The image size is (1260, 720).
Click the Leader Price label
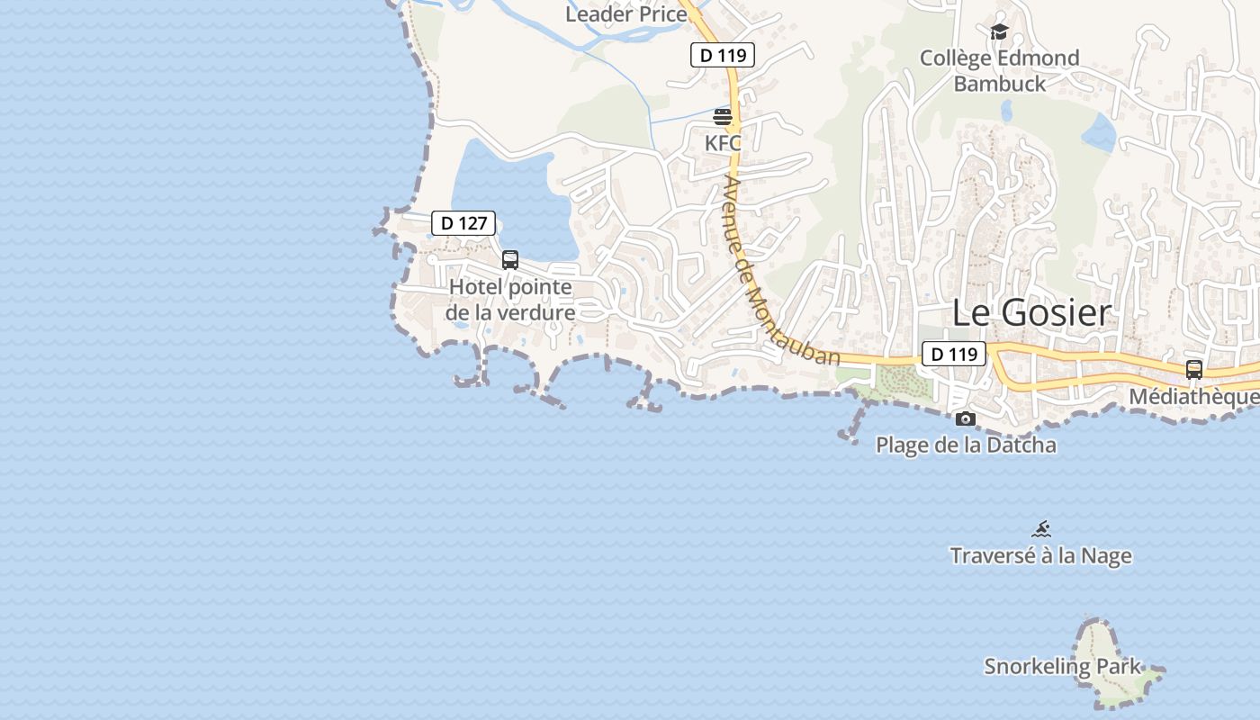(x=626, y=14)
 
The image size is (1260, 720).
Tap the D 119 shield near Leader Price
(x=722, y=55)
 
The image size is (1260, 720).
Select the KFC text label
(x=723, y=143)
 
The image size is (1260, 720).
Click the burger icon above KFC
(x=723, y=117)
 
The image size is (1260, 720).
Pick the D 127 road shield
(x=463, y=223)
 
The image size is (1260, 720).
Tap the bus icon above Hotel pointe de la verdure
(x=510, y=260)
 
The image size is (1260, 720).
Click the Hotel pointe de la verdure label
(x=510, y=300)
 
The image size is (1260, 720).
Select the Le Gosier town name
(x=1031, y=313)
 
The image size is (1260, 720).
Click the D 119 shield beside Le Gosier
(x=953, y=354)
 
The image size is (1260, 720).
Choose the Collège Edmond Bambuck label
(x=999, y=71)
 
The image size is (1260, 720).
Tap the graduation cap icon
(x=999, y=32)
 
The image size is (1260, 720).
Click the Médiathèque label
(x=1193, y=397)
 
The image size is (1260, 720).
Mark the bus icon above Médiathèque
(x=1194, y=369)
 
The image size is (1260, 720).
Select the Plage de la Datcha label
(x=966, y=445)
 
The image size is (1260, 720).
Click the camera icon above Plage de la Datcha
(x=966, y=418)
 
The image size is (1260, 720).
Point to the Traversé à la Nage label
(x=1040, y=555)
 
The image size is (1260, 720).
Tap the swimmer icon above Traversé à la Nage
(x=1041, y=529)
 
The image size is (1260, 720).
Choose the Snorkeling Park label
(x=1062, y=667)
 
